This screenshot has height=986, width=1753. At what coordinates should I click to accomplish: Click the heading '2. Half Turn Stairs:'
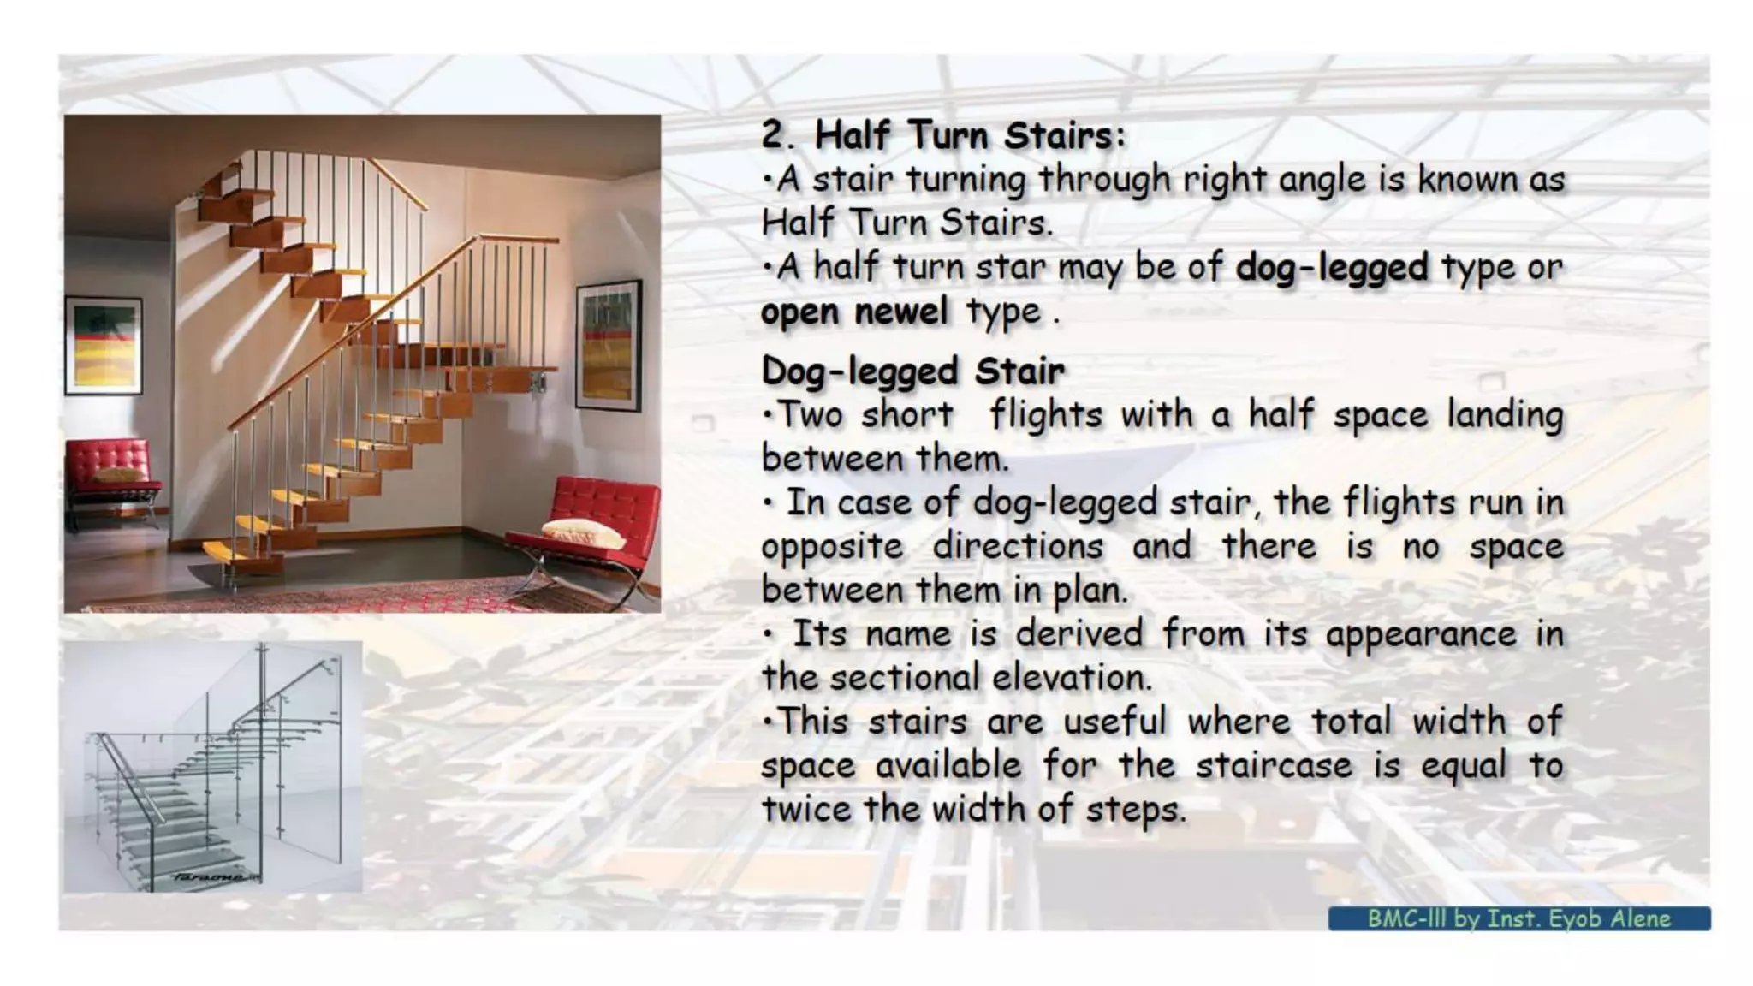[x=942, y=135]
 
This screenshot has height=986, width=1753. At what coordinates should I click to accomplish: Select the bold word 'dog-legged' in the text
[x=1332, y=267]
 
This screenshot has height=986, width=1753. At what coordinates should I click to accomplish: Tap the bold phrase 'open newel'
[x=854, y=312]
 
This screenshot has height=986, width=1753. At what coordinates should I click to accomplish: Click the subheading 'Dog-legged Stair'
[x=912, y=371]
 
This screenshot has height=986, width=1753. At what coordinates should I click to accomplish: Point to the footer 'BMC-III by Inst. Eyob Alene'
[x=1518, y=918]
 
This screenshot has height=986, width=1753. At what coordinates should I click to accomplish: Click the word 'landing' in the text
[x=1505, y=415]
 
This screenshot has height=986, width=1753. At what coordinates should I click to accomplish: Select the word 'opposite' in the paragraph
[x=832, y=547]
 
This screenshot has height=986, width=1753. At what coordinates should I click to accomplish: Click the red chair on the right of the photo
[x=591, y=531]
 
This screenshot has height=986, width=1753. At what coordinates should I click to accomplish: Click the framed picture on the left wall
[x=104, y=344]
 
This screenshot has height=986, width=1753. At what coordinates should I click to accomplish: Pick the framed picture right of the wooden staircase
[x=609, y=344]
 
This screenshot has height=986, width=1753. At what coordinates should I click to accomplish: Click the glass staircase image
[x=213, y=766]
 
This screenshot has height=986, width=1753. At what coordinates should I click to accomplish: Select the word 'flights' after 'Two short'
[x=1045, y=415]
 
